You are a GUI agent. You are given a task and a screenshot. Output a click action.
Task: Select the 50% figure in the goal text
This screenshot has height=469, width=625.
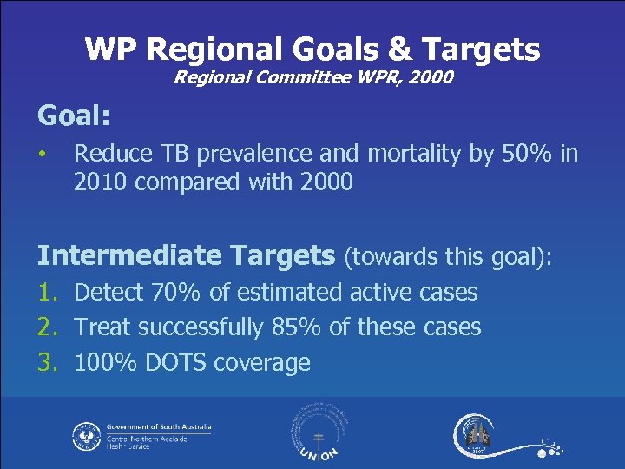point(524,154)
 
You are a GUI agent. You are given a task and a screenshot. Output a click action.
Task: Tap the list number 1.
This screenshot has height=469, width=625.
point(46,292)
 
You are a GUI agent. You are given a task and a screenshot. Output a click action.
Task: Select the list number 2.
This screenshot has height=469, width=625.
point(46,327)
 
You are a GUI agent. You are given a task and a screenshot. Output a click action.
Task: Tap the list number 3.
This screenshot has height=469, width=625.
point(46,362)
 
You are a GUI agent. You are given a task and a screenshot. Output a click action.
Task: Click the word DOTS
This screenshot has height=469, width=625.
point(179,362)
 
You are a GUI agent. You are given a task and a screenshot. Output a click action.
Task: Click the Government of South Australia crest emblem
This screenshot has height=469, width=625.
point(87,434)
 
